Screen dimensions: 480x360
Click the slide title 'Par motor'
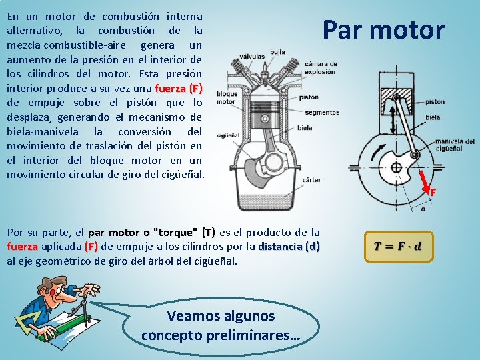(x=383, y=30)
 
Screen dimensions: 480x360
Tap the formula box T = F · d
(x=398, y=246)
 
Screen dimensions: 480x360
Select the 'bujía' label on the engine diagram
(x=278, y=51)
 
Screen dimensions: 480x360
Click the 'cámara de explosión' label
(x=321, y=67)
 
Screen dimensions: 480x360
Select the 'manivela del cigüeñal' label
(x=455, y=145)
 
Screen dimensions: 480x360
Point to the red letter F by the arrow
(x=433, y=193)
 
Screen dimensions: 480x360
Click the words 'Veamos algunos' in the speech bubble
(x=221, y=315)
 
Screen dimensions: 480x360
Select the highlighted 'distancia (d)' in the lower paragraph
(x=289, y=247)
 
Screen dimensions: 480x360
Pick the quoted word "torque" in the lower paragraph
(x=175, y=233)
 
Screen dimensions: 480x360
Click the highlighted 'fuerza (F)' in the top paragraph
(x=178, y=88)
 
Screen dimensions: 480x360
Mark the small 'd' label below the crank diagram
(x=423, y=208)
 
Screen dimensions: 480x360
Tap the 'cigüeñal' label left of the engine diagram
(x=227, y=135)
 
